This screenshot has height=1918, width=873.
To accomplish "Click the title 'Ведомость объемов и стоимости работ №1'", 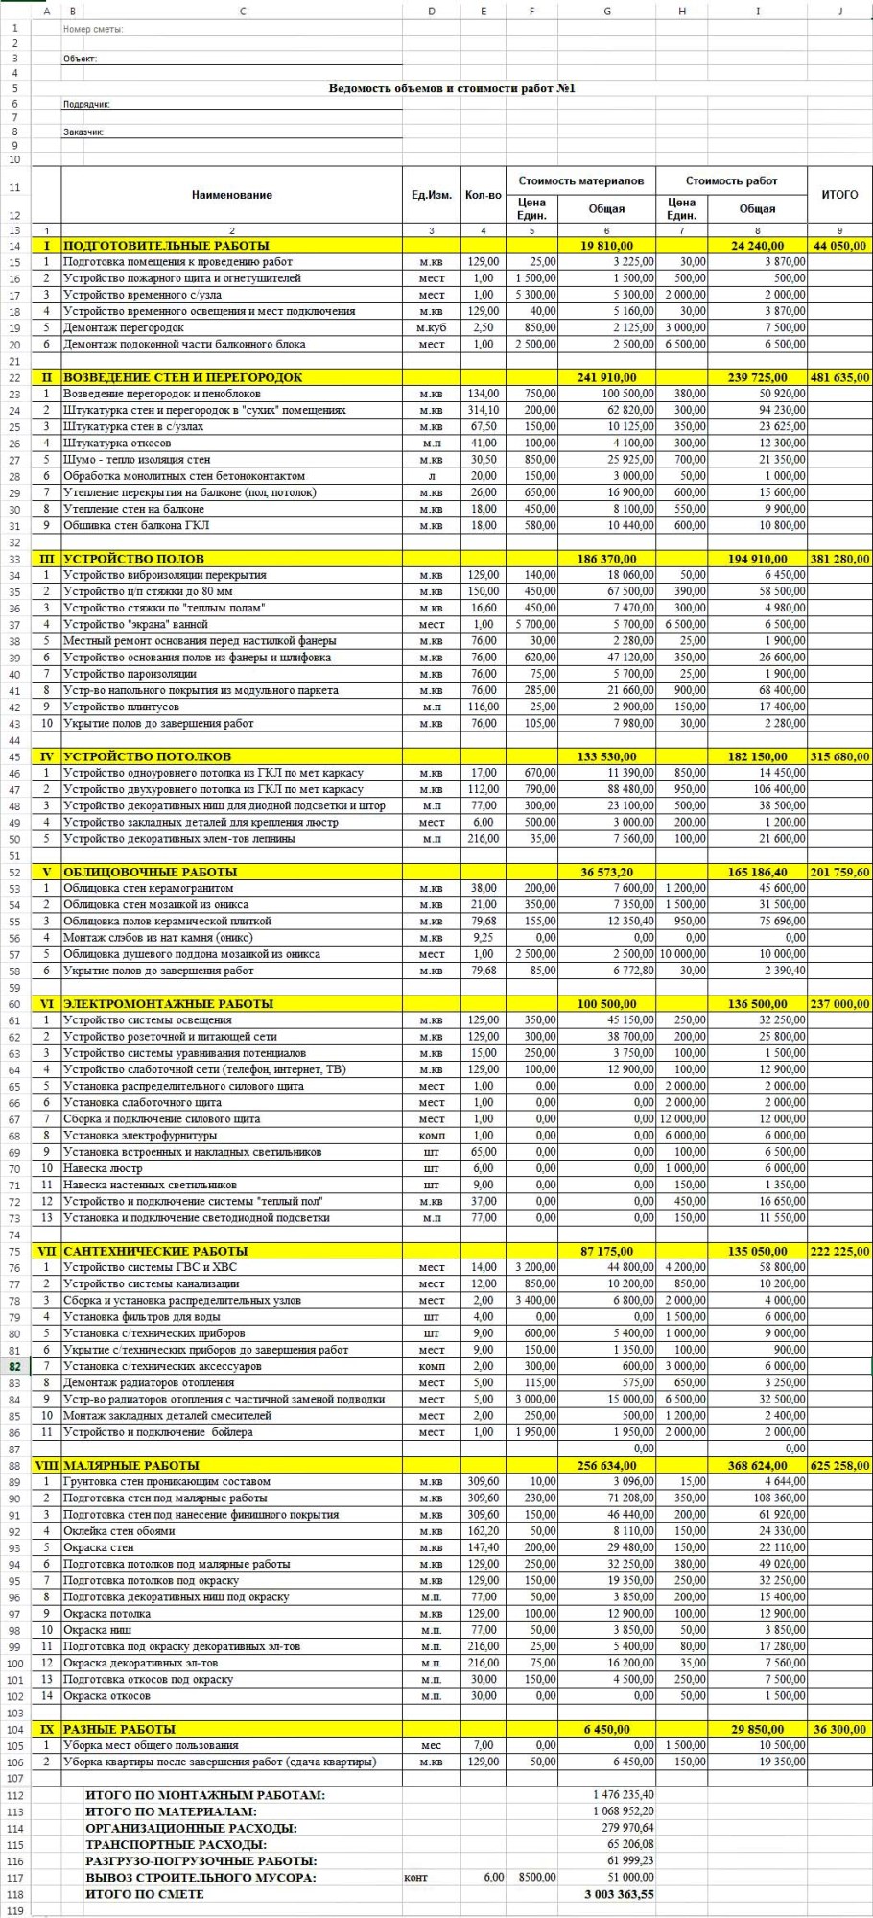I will [452, 88].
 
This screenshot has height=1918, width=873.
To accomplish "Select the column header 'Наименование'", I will [232, 195].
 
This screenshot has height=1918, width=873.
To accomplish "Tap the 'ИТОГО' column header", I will [839, 195].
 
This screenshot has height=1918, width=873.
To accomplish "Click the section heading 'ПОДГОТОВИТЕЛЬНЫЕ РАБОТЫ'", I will [166, 246].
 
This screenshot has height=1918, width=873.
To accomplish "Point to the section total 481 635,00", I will [839, 377].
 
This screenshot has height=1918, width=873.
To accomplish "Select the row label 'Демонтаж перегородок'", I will [124, 327].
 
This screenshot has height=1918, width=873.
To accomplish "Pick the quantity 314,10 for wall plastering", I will [483, 410].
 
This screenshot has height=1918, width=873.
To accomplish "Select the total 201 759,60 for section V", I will [839, 872].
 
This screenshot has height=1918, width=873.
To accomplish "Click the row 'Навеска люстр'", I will [103, 1168].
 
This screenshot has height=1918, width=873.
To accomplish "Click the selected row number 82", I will [15, 1366].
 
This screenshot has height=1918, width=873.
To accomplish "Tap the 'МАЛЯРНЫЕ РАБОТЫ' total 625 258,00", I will [839, 1465].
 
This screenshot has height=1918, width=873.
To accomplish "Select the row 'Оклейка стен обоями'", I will [119, 1531].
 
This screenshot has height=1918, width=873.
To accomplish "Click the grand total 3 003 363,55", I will [619, 1894].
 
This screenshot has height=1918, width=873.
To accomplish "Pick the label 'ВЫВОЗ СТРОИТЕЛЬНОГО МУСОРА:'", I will [201, 1877].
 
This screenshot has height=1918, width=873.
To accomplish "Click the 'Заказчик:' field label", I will [83, 132].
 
